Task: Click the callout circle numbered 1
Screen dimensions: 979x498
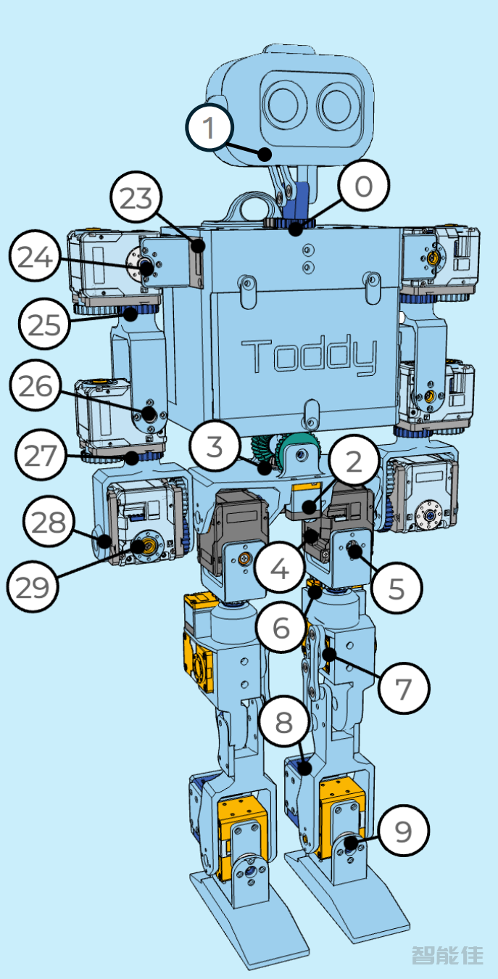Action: tap(209, 128)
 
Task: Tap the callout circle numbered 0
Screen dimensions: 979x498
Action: tap(363, 187)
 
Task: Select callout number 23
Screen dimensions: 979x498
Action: tap(137, 198)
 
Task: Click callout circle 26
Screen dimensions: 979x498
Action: tap(36, 387)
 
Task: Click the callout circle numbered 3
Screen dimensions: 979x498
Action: tap(215, 446)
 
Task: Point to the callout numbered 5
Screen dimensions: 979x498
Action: tap(396, 589)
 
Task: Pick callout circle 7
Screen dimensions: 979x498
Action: tap(403, 687)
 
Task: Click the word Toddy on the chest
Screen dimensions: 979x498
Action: tap(310, 356)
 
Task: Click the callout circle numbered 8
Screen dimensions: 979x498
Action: tap(283, 722)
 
